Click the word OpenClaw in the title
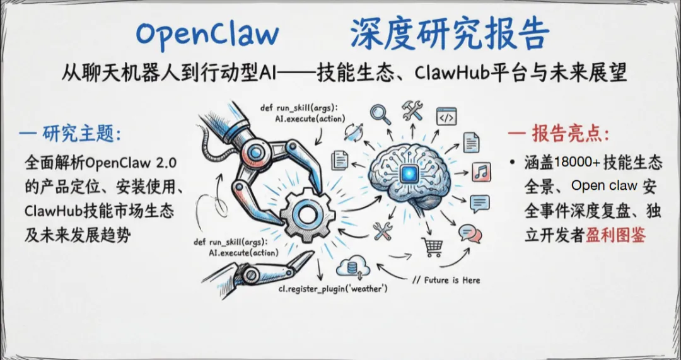(x=207, y=34)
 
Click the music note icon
(x=481, y=171)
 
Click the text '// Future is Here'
(x=446, y=280)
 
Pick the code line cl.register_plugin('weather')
(x=333, y=289)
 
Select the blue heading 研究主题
(x=82, y=134)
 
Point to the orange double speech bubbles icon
(x=470, y=233)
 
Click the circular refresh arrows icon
(x=353, y=132)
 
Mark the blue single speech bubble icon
(x=480, y=203)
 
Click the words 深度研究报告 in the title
(x=450, y=34)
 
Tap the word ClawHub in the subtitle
(x=451, y=73)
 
